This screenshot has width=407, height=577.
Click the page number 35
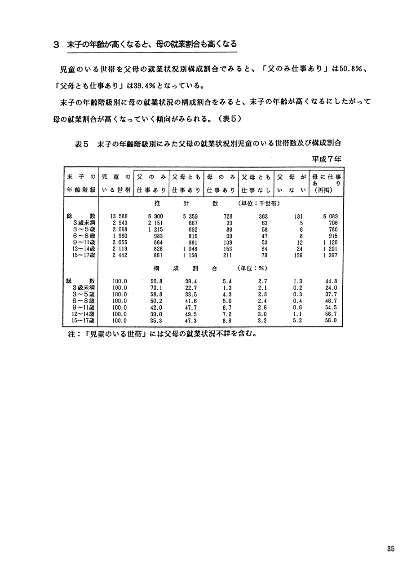390,548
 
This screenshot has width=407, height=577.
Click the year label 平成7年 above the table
327,159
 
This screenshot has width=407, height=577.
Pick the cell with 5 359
190,216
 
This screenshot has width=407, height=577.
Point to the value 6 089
330,216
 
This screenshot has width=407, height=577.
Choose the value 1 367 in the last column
330,255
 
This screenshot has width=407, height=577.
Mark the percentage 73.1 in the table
156,288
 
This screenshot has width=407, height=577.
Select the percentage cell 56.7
331,314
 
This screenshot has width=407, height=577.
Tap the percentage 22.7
192,288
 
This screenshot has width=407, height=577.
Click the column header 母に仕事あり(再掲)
327,183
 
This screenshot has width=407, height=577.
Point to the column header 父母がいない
292,183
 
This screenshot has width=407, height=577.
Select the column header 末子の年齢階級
80,183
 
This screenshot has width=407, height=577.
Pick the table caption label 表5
82,144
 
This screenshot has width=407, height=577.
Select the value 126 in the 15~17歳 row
297,255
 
